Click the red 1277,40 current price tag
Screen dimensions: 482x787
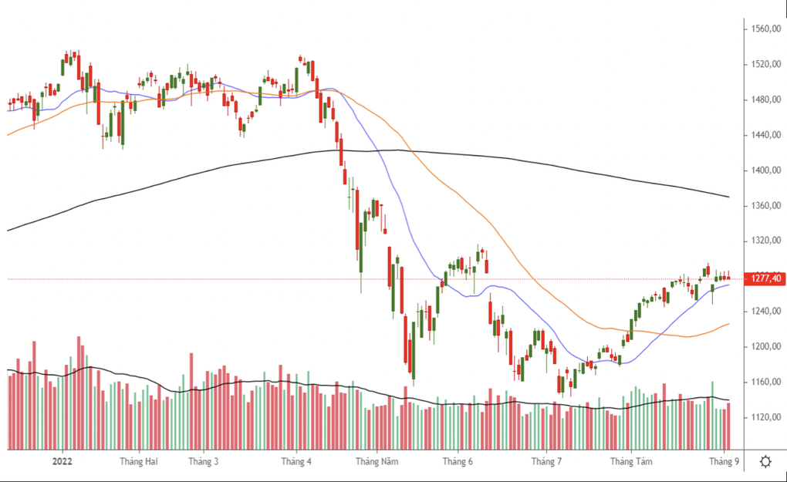point(764,278)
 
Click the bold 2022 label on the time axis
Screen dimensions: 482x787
point(62,462)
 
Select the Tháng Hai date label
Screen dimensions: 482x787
point(139,462)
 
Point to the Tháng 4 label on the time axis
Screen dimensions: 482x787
point(296,462)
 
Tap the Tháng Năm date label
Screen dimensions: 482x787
point(377,462)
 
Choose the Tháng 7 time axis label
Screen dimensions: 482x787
point(545,462)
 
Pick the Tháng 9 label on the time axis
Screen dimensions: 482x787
point(723,462)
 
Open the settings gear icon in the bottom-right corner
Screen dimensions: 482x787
point(765,462)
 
